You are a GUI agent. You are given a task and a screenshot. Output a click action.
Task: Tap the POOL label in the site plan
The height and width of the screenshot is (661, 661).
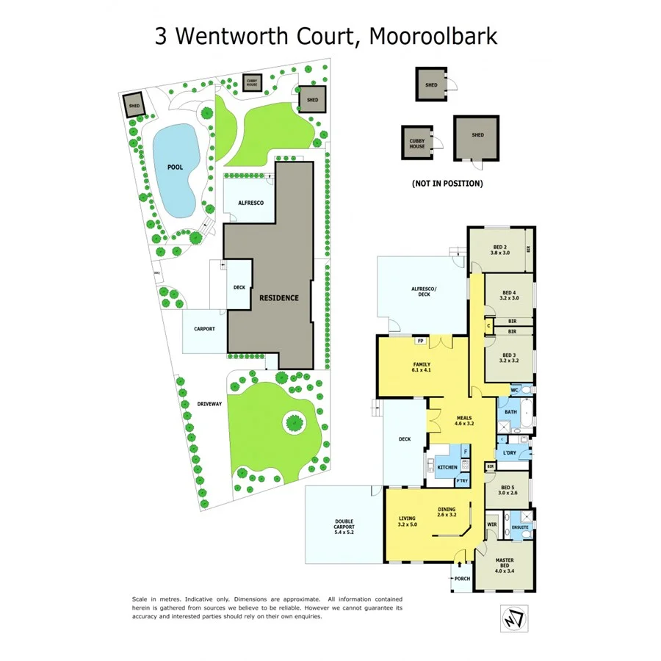click(175, 167)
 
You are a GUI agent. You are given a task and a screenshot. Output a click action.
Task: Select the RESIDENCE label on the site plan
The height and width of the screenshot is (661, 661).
click(278, 297)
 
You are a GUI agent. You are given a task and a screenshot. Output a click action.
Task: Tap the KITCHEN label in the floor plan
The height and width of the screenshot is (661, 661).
click(447, 467)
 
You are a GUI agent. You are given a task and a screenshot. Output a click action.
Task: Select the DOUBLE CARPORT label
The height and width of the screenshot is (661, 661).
click(344, 527)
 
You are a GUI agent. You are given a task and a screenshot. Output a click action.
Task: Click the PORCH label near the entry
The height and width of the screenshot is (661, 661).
click(463, 577)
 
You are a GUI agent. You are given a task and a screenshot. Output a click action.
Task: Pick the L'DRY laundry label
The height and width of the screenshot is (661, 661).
click(510, 453)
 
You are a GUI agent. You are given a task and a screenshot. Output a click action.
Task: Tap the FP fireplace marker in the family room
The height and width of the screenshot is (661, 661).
click(421, 341)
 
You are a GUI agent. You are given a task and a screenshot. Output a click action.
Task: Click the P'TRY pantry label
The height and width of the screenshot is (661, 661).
click(462, 481)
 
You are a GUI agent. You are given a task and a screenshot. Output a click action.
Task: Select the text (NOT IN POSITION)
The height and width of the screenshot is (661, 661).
click(447, 184)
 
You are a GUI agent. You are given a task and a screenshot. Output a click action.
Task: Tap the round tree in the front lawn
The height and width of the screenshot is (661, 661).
click(294, 422)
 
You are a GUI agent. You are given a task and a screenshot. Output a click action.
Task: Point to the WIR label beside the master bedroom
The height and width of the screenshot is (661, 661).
click(492, 525)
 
